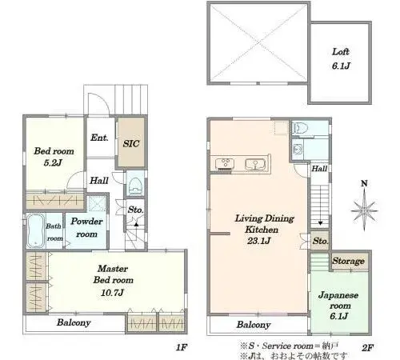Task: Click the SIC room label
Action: point(131,144)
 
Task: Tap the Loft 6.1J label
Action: point(341,58)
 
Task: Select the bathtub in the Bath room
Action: point(35,230)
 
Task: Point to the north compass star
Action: point(364,210)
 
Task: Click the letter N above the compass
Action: point(364,183)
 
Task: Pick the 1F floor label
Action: point(182,347)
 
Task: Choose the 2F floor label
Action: point(368,347)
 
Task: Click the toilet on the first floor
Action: point(135,185)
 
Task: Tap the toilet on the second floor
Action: point(299,129)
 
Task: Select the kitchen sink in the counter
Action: point(255,164)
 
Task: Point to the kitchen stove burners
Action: point(226,163)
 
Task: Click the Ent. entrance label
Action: point(99,138)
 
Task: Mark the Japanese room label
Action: point(338,300)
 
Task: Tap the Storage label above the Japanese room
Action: point(348,261)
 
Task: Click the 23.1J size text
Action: point(259,241)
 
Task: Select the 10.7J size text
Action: point(112,293)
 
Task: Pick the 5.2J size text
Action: point(53,162)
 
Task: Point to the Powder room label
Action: point(86,227)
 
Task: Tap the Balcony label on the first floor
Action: point(74,322)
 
